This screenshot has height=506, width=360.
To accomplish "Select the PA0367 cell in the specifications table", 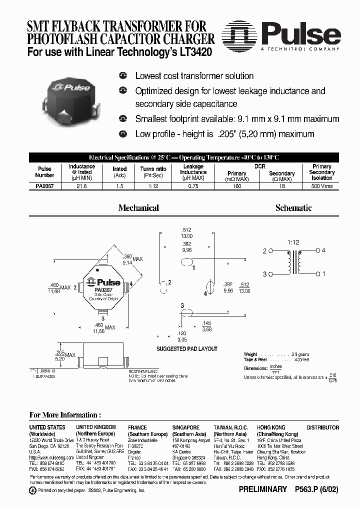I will [x=44, y=186].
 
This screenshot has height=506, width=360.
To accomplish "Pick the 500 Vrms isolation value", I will [x=321, y=186].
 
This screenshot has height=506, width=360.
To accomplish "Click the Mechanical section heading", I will [x=138, y=208].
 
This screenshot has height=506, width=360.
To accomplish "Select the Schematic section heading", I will [x=293, y=208].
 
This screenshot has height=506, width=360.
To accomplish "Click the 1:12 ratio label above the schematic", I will [x=293, y=242].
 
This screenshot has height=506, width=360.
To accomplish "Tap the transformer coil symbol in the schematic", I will [x=294, y=262].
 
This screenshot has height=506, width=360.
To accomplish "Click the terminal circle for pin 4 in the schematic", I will [x=317, y=250].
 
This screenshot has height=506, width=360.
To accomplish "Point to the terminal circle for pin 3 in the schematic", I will [x=271, y=274].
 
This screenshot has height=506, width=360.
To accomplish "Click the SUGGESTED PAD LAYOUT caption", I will [x=187, y=349].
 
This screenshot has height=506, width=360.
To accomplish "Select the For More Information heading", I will [x=65, y=415].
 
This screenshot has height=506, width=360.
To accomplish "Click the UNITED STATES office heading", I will [x=47, y=427].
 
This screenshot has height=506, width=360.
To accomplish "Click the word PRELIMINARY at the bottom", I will [x=263, y=489].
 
